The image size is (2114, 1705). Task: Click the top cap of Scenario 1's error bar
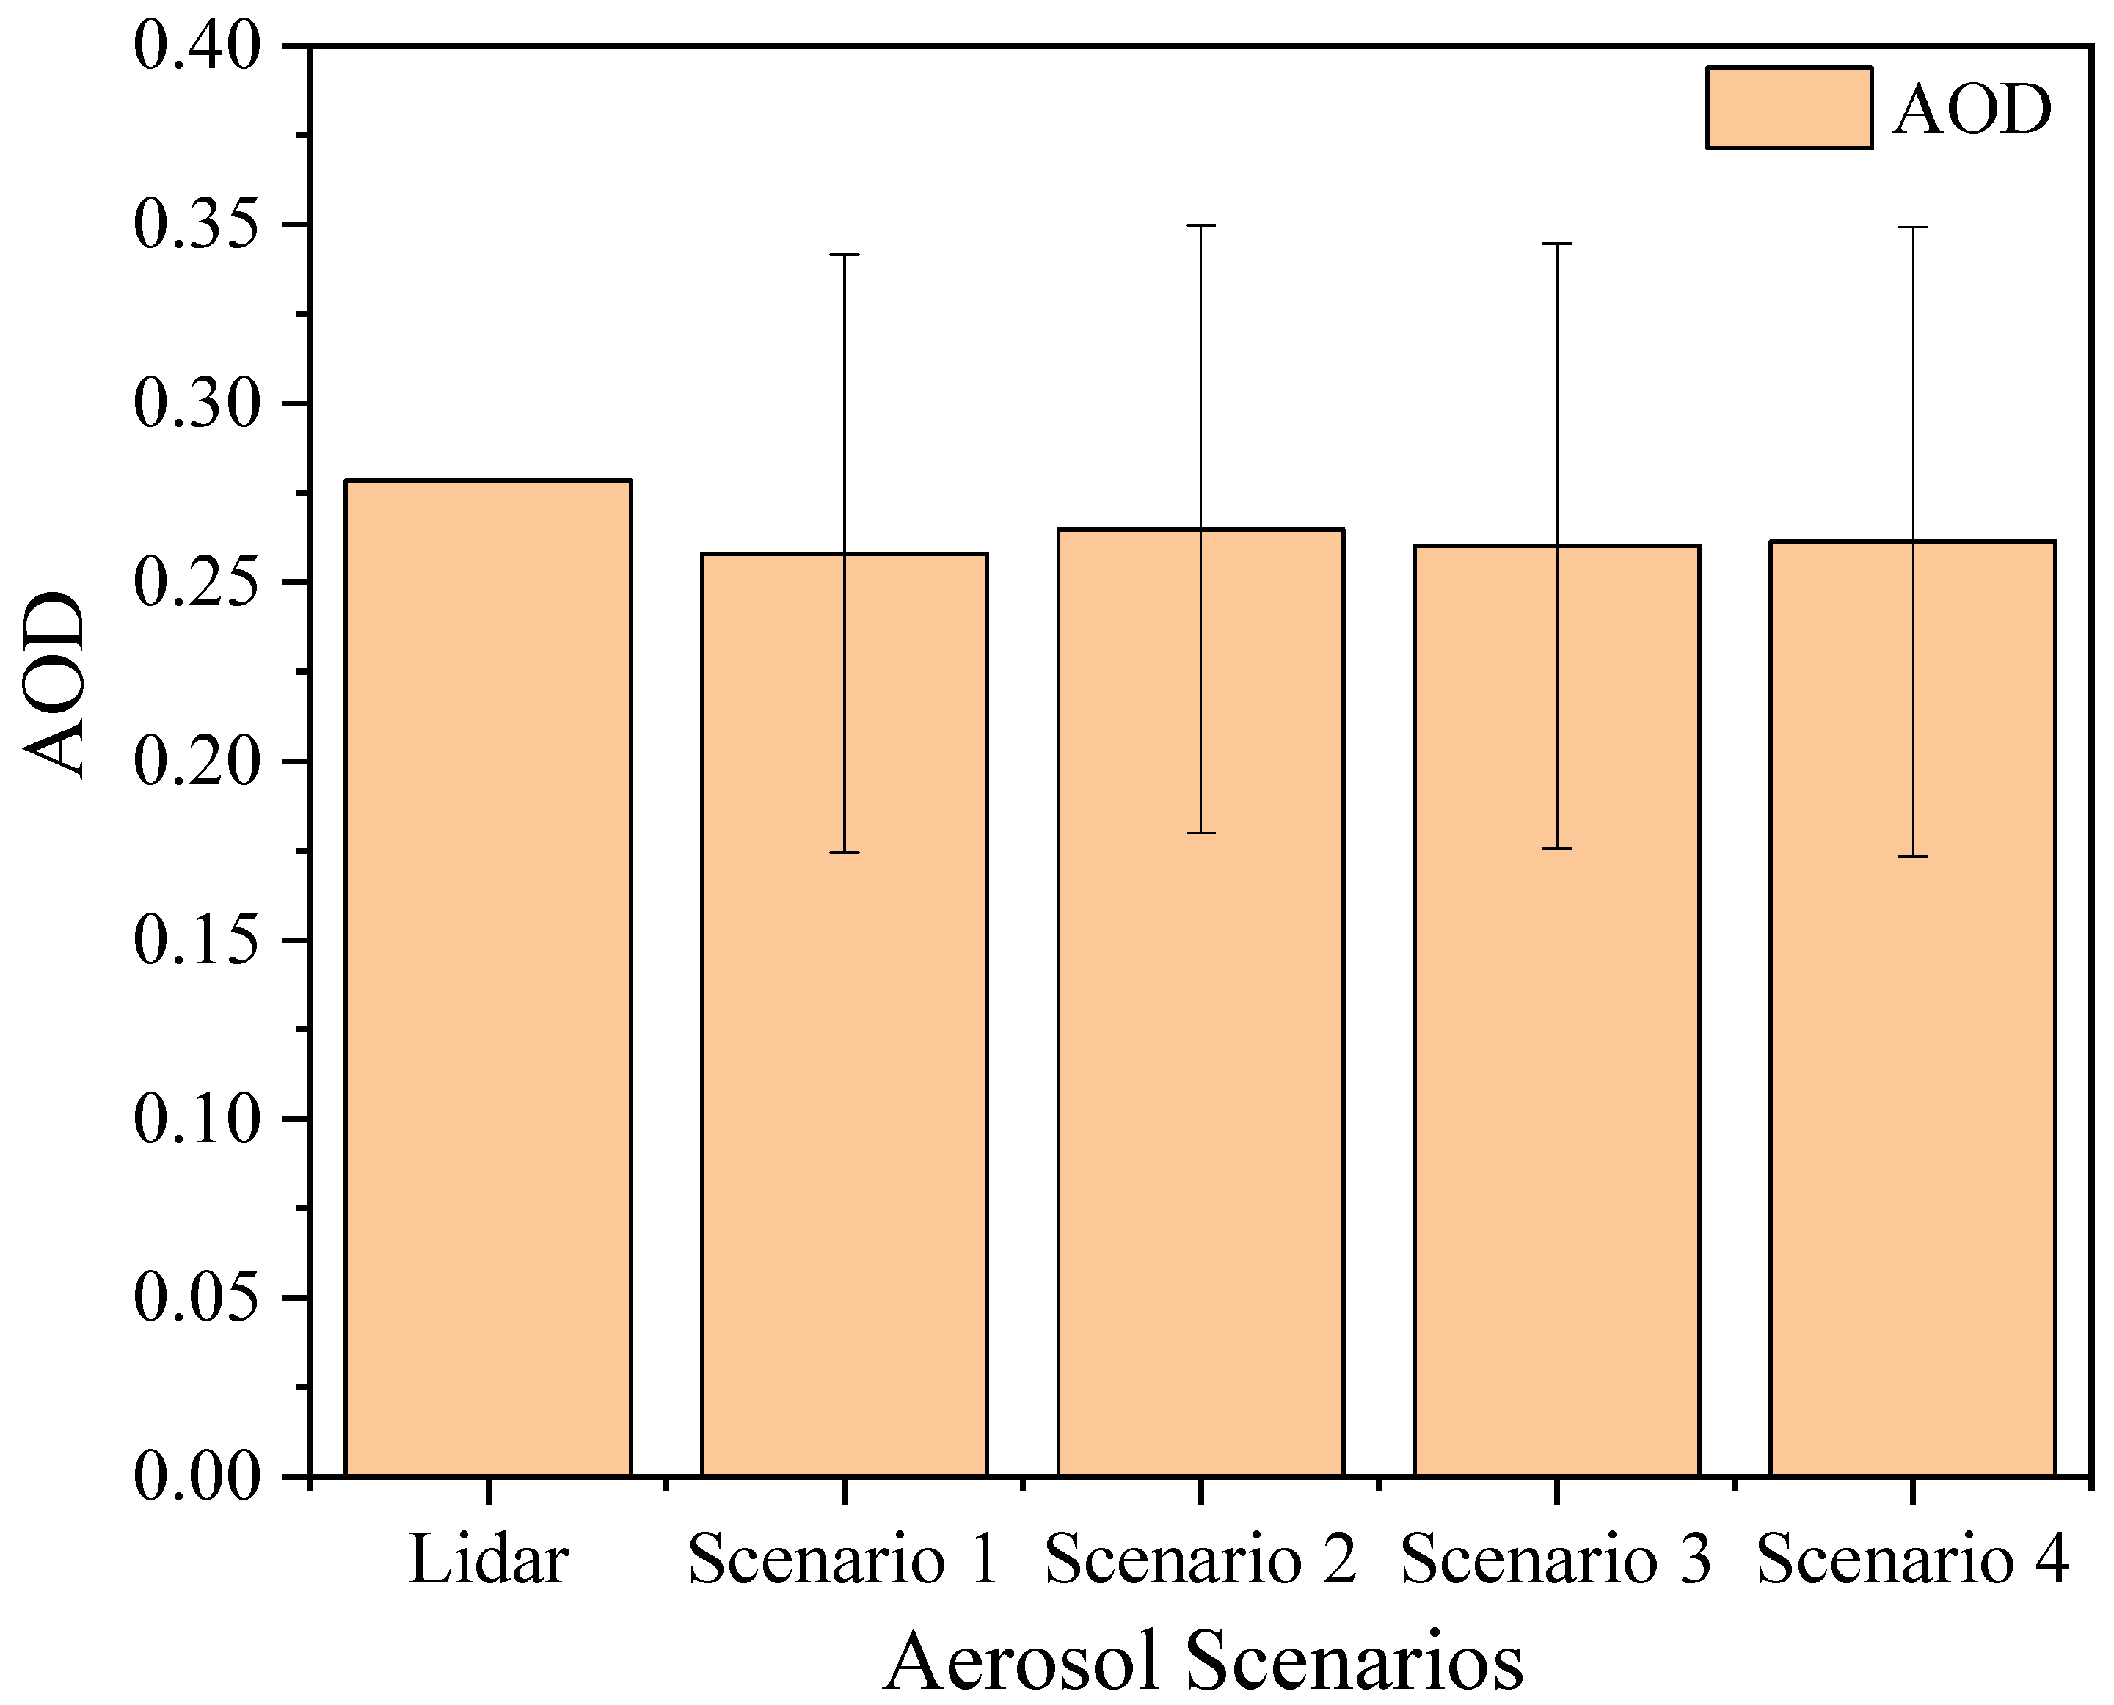pyautogui.click(x=844, y=255)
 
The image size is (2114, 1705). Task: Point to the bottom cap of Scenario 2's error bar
pyautogui.click(x=1200, y=833)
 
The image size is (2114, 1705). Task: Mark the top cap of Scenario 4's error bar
pyautogui.click(x=1913, y=227)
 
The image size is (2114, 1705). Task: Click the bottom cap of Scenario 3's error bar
pyautogui.click(x=1556, y=847)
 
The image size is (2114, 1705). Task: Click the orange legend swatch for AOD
pyautogui.click(x=1789, y=108)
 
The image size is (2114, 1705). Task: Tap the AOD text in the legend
pyautogui.click(x=1972, y=109)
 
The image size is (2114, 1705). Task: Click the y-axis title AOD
pyautogui.click(x=54, y=684)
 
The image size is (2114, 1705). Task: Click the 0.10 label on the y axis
pyautogui.click(x=197, y=1119)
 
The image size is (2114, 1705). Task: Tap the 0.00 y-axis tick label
pyautogui.click(x=197, y=1475)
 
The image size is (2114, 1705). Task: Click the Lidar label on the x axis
pyautogui.click(x=488, y=1560)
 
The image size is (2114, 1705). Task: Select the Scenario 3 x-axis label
pyautogui.click(x=1556, y=1560)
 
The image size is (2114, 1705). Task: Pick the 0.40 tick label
pyautogui.click(x=197, y=46)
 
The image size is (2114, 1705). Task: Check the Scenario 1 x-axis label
pyautogui.click(x=844, y=1560)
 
